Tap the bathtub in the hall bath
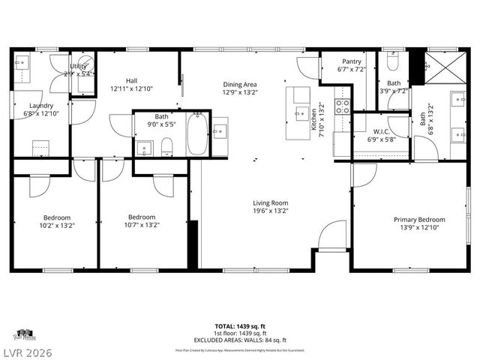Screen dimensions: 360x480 click(x=197, y=133)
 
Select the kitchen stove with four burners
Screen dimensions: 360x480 click(x=342, y=106)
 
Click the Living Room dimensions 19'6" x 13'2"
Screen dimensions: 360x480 click(x=270, y=211)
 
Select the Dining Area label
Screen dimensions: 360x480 click(x=240, y=85)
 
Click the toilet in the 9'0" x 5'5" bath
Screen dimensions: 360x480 click(x=166, y=145)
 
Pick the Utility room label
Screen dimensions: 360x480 click(x=79, y=67)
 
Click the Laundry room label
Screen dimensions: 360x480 click(x=41, y=105)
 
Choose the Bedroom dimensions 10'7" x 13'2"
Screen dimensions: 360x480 click(x=142, y=223)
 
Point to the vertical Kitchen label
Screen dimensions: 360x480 click(x=314, y=120)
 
